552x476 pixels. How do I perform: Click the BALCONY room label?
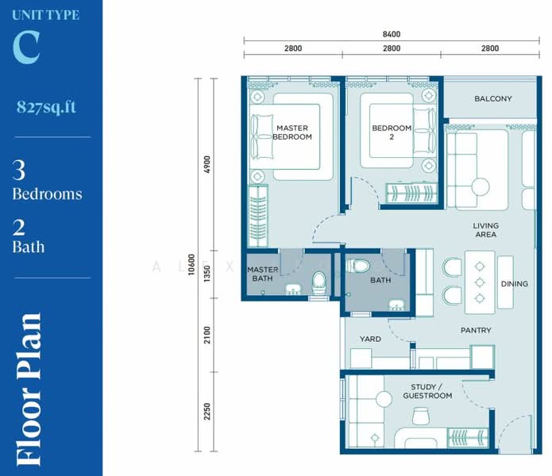click(493, 99)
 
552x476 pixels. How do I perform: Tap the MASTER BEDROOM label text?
click(292, 132)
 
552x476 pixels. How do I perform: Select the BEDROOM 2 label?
click(392, 132)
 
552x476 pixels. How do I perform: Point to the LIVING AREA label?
click(486, 230)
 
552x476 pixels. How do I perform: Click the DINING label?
click(515, 284)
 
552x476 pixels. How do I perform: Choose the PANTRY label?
click(476, 330)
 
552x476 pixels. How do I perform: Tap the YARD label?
click(370, 339)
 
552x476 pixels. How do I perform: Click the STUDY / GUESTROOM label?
click(427, 391)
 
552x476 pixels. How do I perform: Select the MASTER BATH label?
click(263, 274)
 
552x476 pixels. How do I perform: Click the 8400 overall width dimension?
click(392, 34)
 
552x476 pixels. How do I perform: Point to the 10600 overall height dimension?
click(191, 264)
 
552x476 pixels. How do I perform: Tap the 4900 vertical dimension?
click(207, 164)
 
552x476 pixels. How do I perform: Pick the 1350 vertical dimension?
click(207, 274)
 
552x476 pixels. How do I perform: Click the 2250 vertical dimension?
click(207, 411)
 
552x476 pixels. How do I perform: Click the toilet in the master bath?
click(319, 282)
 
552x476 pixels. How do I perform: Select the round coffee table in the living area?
click(481, 186)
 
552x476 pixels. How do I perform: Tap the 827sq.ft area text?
click(46, 107)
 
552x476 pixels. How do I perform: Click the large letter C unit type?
click(26, 47)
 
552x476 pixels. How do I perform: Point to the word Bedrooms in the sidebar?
click(47, 194)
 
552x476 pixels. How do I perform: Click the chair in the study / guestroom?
click(420, 416)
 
